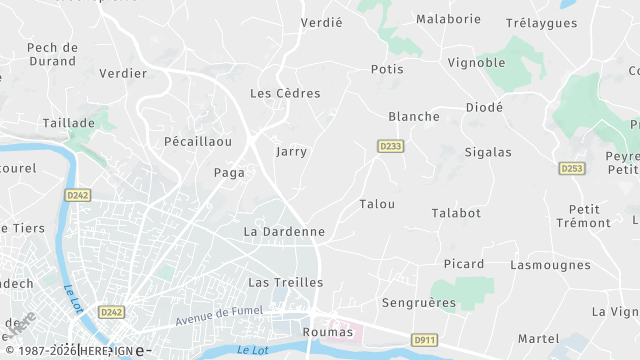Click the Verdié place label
[322, 22]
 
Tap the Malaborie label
[448, 19]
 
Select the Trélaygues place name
[541, 22]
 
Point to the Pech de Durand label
[52, 54]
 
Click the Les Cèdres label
[285, 93]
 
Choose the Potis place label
[387, 69]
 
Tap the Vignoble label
[476, 62]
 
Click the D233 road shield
[391, 146]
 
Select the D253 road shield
[572, 169]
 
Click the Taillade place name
[69, 123]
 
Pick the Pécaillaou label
[198, 142]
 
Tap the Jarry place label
[291, 152]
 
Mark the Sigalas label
[488, 152]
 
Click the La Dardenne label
[285, 231]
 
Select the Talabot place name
[456, 213]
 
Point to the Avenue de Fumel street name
[218, 315]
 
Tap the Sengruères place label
[418, 302]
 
